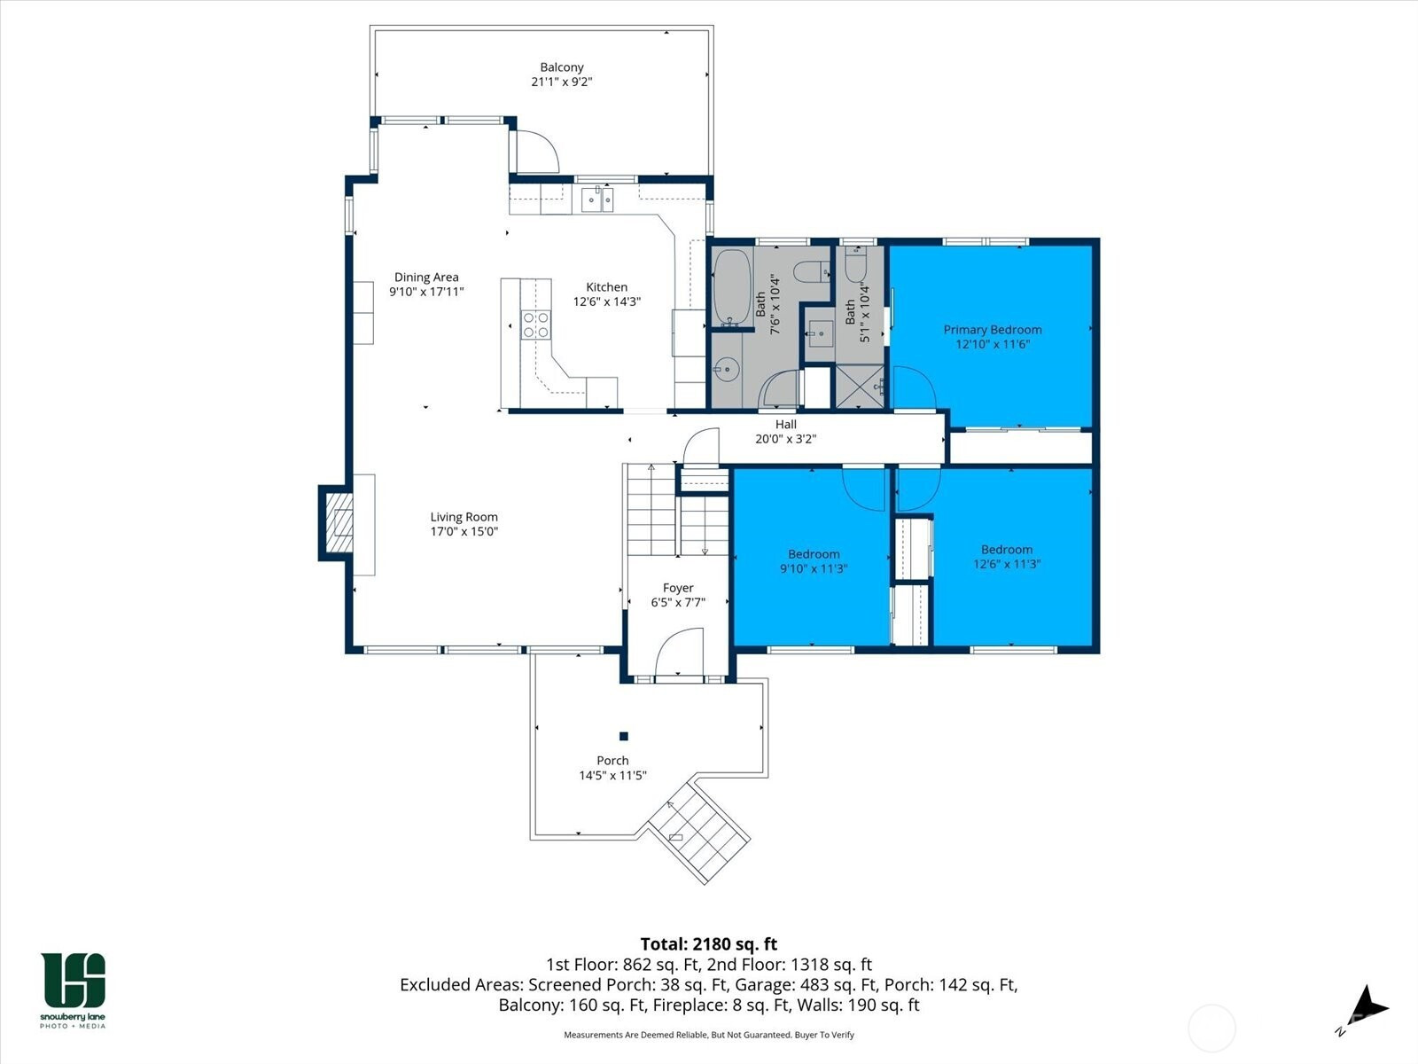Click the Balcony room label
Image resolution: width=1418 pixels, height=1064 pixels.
coord(561,67)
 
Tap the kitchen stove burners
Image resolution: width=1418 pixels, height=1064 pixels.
coord(535,325)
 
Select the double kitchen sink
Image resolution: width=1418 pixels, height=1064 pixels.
coord(597,199)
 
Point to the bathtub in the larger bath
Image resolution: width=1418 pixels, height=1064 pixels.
coord(732,286)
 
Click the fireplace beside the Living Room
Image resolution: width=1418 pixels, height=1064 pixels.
coord(336,522)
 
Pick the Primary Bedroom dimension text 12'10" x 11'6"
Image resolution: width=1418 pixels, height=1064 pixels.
coord(993,344)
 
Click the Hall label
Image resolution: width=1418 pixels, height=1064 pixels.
coord(785,425)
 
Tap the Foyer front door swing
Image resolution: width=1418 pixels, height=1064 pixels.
coord(678,652)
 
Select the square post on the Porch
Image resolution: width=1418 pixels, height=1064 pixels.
coord(623,736)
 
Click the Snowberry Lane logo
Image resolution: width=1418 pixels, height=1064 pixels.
coord(73,990)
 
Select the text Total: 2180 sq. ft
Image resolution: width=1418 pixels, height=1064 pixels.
coord(709,943)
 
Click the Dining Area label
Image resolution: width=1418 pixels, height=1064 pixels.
coord(426,278)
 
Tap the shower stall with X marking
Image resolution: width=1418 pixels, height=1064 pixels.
coord(860,387)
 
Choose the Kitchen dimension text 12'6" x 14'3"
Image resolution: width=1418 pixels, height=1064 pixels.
coord(606,301)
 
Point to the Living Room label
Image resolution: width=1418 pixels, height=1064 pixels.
coord(464,517)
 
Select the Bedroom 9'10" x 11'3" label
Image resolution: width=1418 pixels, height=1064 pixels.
coord(814,561)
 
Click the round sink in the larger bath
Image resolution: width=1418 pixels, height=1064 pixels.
coord(727,370)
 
